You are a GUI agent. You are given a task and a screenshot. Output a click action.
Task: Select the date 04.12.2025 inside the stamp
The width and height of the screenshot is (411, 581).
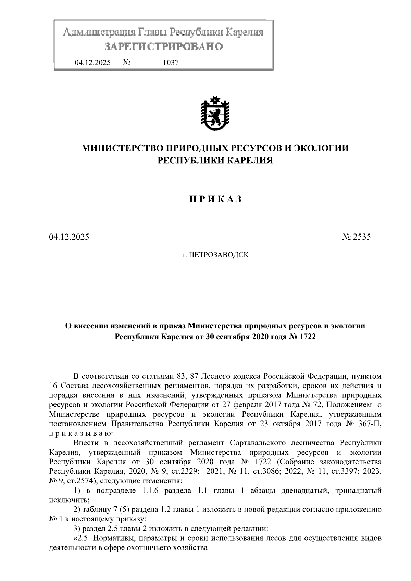[92, 63]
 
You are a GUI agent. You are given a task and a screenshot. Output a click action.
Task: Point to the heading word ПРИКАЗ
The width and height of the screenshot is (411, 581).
[215, 200]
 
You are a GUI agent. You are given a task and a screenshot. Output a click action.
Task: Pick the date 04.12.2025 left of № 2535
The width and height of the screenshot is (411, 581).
[69, 237]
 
